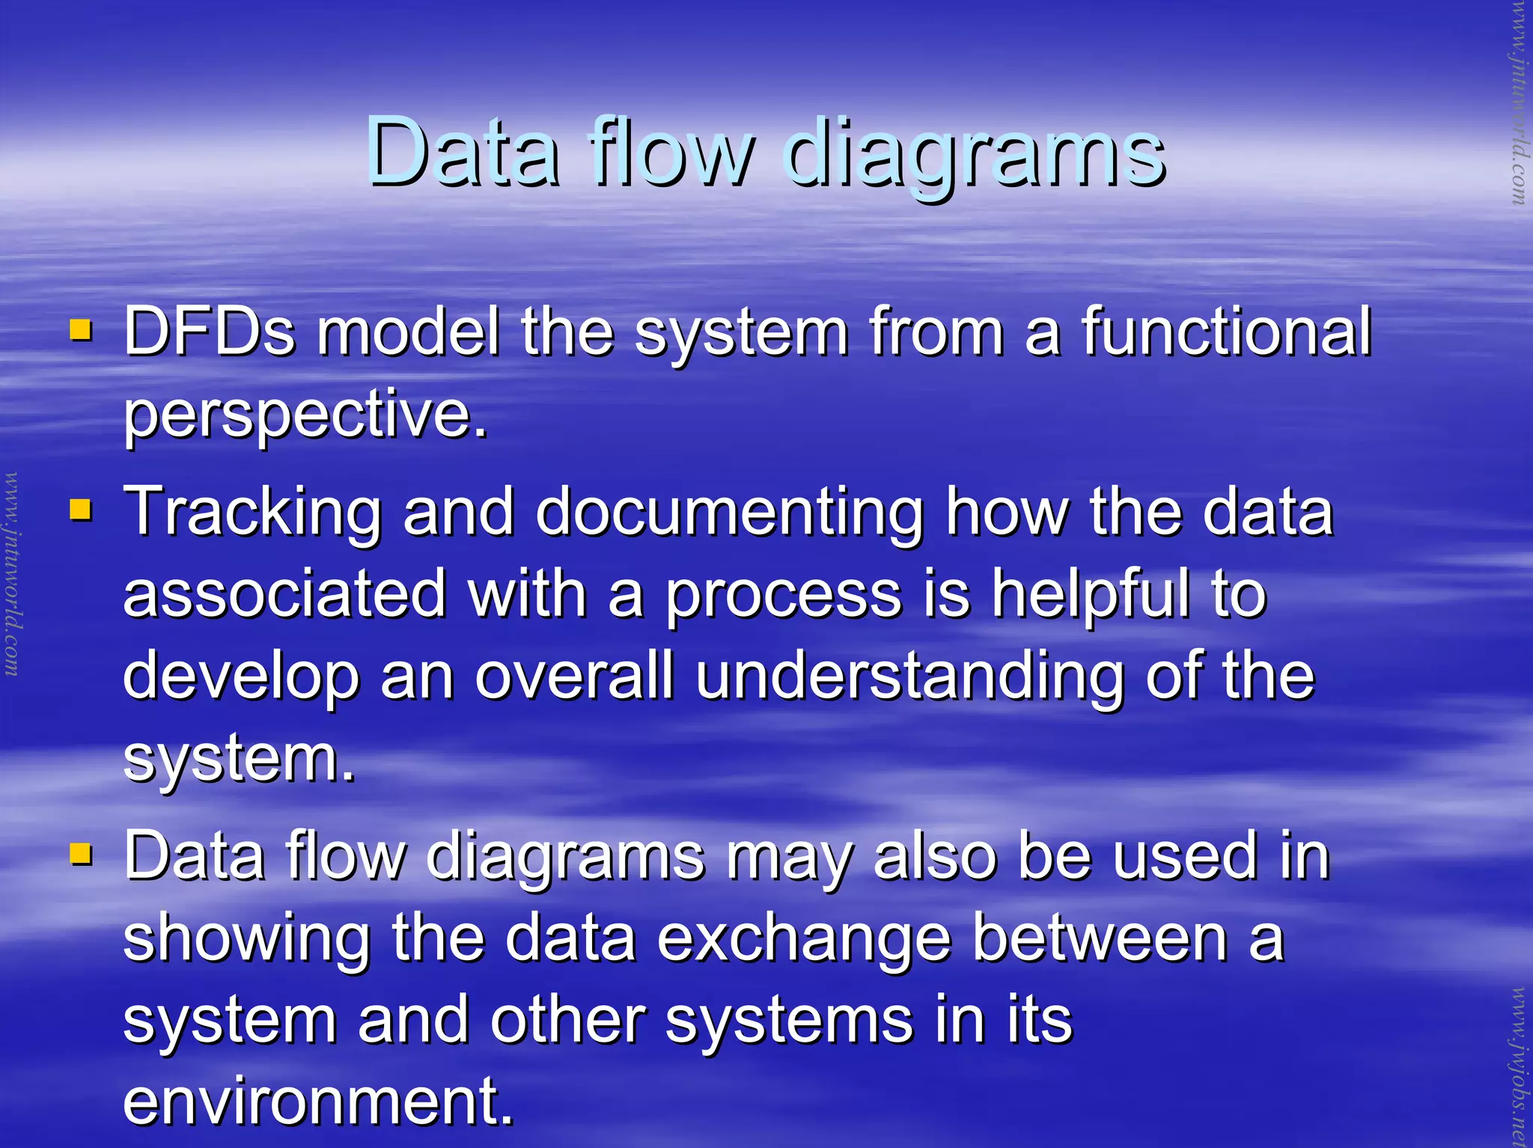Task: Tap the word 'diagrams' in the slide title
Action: pyautogui.click(x=974, y=153)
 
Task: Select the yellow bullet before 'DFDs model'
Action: pyautogui.click(x=80, y=330)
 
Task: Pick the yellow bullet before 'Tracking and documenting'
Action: pyautogui.click(x=80, y=510)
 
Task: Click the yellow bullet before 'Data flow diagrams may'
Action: pyautogui.click(x=80, y=854)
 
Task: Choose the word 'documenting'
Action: pyautogui.click(x=730, y=513)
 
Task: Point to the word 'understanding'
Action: pyautogui.click(x=909, y=677)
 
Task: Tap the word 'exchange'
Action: pyautogui.click(x=804, y=939)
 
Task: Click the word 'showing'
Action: pyautogui.click(x=247, y=939)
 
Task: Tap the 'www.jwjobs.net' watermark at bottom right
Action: pyautogui.click(x=1520, y=1066)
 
